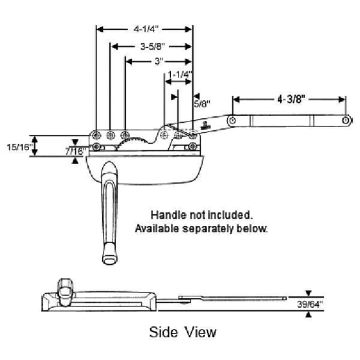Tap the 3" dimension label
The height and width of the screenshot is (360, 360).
[159, 62]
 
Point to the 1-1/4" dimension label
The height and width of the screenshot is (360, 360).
[180, 75]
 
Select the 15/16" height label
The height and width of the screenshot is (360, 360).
[19, 147]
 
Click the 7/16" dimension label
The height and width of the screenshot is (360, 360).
[75, 152]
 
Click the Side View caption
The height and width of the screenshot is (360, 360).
[183, 332]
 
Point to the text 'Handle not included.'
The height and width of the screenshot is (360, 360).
[201, 214]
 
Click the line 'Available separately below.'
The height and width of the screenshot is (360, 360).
[201, 228]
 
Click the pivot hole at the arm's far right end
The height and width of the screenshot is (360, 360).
[347, 120]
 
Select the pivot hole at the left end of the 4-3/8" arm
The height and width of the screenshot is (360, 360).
[232, 120]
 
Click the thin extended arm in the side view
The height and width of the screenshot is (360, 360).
[231, 297]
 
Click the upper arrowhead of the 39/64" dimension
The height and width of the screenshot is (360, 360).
[309, 293]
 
